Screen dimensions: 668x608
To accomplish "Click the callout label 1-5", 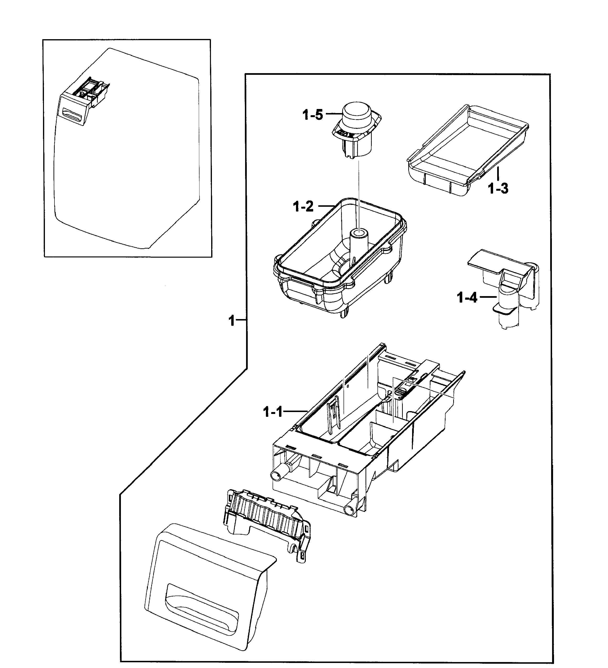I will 312,115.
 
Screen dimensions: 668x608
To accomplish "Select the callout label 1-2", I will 303,207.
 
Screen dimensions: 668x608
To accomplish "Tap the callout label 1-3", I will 498,189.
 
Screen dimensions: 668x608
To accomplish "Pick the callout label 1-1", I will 273,412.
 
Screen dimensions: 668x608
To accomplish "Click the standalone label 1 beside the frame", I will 232,321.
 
